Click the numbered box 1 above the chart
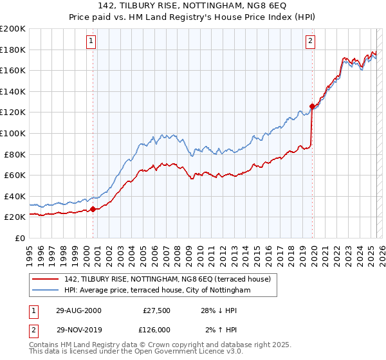[x=92, y=40]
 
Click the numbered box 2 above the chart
[x=311, y=40]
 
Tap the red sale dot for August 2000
[x=93, y=209]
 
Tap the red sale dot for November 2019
[x=312, y=106]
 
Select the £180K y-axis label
[x=12, y=50]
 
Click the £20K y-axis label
[x=14, y=217]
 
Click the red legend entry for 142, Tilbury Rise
[x=167, y=278]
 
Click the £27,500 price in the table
[x=155, y=310]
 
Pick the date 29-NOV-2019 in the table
[x=79, y=330]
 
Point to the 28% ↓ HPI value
[x=219, y=310]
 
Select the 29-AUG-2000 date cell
[x=79, y=310]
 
